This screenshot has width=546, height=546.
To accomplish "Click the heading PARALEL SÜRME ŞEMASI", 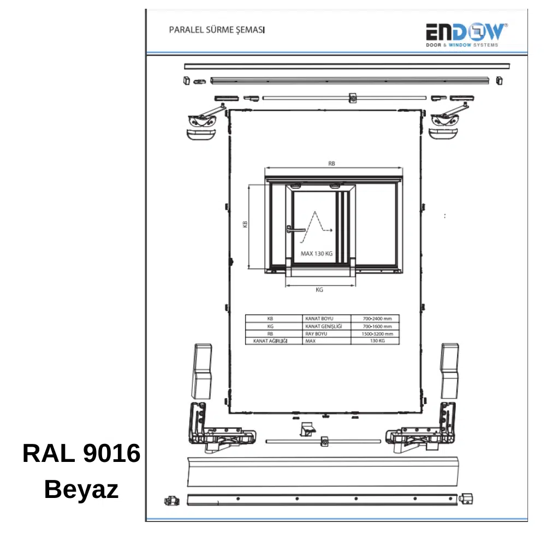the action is click(217, 30).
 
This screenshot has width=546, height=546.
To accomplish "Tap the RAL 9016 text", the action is click(81, 453).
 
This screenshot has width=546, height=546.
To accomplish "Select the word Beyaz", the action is click(81, 489).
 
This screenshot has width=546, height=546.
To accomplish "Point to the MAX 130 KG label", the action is click(317, 253).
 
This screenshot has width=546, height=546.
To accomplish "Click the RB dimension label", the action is click(331, 163).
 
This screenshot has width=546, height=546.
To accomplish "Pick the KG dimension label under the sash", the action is click(319, 290).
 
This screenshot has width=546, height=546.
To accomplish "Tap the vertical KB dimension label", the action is click(245, 224).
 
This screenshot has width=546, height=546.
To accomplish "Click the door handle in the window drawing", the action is click(295, 229).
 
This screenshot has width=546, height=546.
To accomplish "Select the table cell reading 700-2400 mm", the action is click(377, 319).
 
